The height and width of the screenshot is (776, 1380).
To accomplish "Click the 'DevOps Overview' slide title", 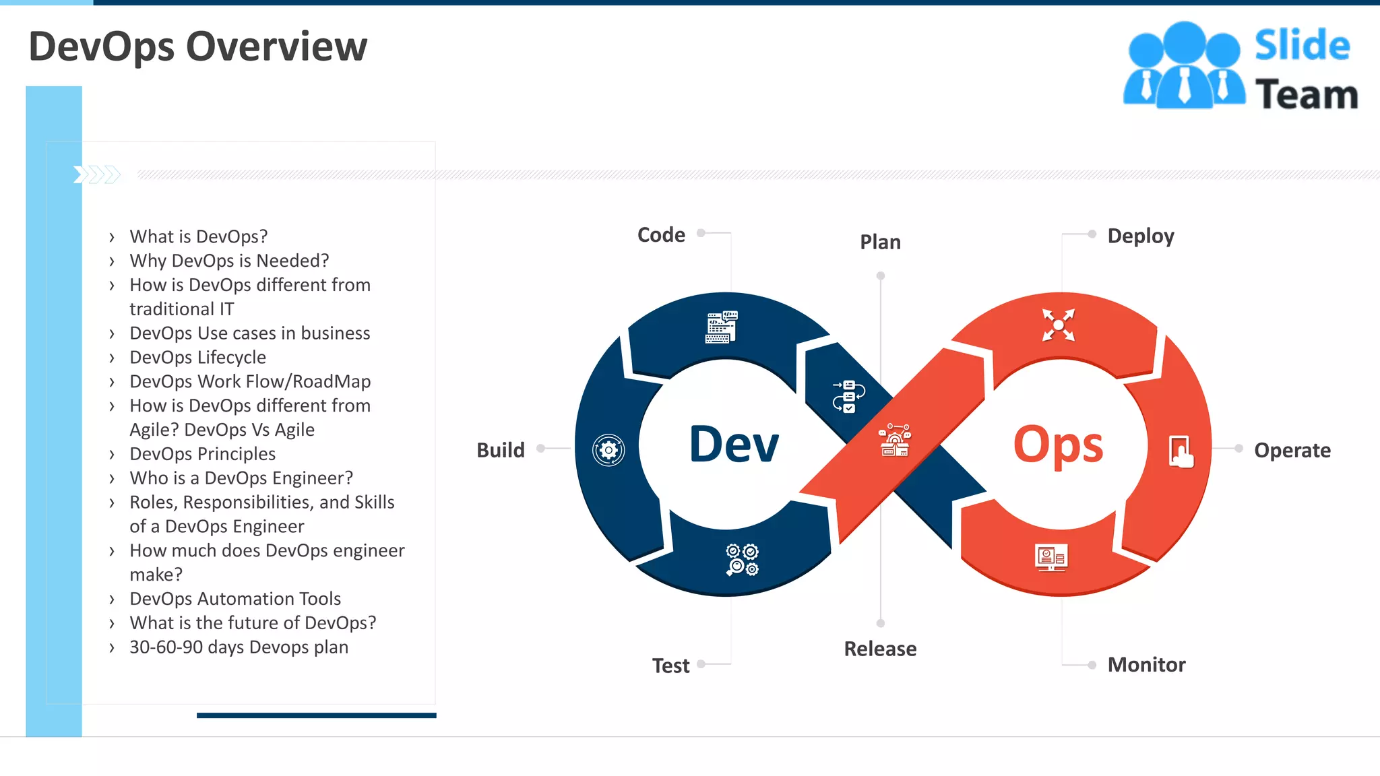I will (x=198, y=46).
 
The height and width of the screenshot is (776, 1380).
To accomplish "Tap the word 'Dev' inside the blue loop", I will (x=734, y=445).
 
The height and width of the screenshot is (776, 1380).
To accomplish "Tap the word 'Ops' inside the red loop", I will (x=1058, y=445).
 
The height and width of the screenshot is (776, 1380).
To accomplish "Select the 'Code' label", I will (x=661, y=234).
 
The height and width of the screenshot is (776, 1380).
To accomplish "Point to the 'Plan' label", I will (x=880, y=242).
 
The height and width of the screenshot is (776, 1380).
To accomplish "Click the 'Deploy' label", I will (x=1141, y=236).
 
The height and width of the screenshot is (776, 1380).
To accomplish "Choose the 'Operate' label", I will (x=1292, y=450).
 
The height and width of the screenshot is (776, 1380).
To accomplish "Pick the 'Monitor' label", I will (x=1146, y=665).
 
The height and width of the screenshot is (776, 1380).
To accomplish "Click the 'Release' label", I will (x=880, y=649).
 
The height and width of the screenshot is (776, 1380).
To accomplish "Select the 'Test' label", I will (x=670, y=666).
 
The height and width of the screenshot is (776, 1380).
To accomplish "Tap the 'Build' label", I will (x=500, y=450).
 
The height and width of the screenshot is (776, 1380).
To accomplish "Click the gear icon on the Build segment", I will (x=608, y=450).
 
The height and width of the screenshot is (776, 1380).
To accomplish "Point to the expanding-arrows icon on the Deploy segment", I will (x=1059, y=325).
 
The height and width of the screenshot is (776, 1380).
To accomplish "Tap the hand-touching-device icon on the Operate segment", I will (x=1181, y=451).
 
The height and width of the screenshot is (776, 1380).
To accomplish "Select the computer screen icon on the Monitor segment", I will (x=1051, y=558).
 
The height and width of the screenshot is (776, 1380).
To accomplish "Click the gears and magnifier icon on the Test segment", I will (x=742, y=560).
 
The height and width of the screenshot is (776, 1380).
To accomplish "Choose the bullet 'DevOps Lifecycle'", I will (x=197, y=357).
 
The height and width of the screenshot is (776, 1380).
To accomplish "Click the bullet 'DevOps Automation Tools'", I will (x=235, y=598).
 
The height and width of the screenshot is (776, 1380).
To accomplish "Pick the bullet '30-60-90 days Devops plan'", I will (x=239, y=647).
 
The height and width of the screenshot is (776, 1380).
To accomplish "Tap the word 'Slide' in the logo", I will (x=1302, y=46).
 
